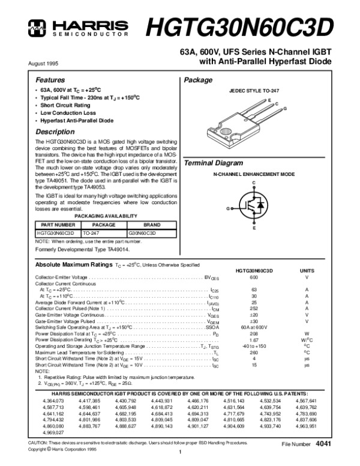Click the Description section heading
pos(55,132)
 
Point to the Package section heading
pos(198,80)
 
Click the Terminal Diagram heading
pos(213,163)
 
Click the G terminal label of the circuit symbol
pos(228,208)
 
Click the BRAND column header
pos(151,224)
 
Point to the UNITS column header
pos(307,271)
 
